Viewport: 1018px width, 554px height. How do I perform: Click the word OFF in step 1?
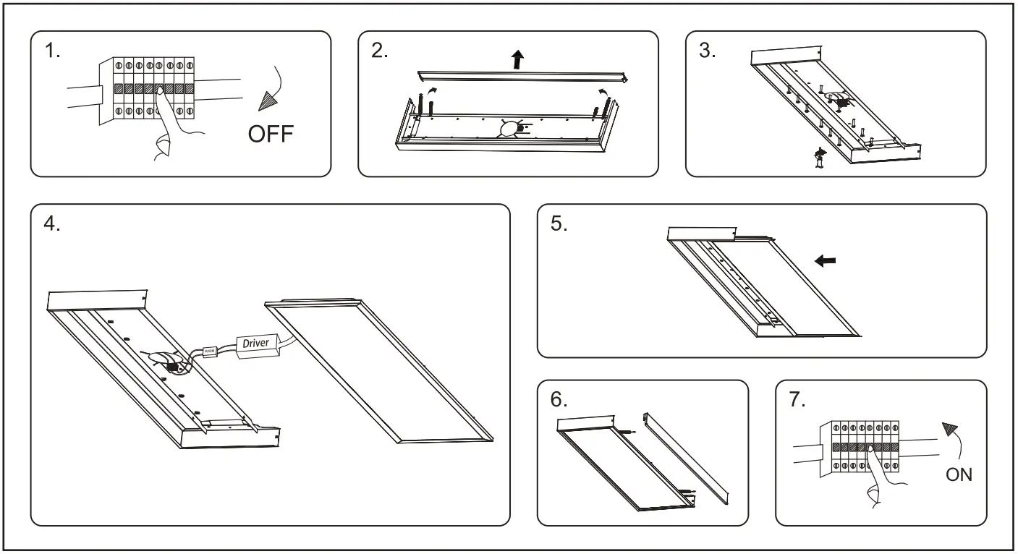point(271,134)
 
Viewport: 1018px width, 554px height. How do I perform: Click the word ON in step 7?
point(959,474)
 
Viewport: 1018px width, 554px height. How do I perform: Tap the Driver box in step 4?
point(255,343)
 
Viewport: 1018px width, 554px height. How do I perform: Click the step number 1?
point(52,51)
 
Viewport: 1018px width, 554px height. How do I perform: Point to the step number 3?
point(707,51)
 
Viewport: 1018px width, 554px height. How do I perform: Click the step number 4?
point(52,223)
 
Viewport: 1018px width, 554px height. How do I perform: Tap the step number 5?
point(559,223)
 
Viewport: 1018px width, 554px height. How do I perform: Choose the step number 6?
point(559,400)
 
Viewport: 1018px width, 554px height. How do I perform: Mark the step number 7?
point(797,400)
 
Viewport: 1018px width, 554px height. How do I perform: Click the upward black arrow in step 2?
point(517,59)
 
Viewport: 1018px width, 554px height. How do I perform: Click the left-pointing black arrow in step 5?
point(825,261)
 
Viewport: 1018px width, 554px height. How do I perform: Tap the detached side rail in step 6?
point(687,456)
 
